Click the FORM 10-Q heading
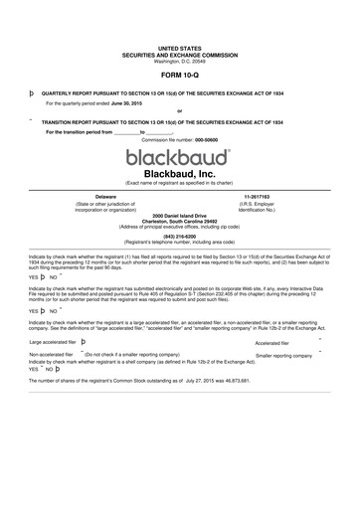179,74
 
